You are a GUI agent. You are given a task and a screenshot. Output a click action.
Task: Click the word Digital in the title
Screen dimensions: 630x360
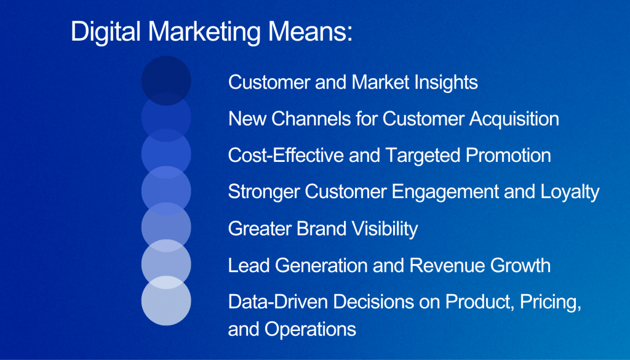[x=106, y=32]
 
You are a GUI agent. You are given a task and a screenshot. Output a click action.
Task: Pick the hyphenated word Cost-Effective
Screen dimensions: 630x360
[x=286, y=156]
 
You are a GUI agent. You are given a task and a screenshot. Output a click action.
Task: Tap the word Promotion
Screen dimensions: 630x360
[x=508, y=156]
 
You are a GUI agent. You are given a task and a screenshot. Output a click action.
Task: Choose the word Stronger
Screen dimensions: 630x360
[x=264, y=192]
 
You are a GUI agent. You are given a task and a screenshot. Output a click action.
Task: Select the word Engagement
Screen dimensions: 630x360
[x=445, y=192]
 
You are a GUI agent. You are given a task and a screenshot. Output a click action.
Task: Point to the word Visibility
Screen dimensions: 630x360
[x=385, y=229]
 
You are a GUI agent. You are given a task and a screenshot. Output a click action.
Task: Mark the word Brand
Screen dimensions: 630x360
[x=321, y=229]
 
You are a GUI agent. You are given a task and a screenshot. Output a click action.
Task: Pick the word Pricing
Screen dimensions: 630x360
[x=551, y=302]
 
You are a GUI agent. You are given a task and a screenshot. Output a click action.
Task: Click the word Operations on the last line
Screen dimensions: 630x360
[x=310, y=329]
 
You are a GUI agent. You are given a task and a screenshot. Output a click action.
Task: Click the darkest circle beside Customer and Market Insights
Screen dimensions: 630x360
[x=166, y=81]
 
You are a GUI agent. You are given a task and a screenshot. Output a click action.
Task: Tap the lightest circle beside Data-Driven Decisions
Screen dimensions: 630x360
[x=166, y=300]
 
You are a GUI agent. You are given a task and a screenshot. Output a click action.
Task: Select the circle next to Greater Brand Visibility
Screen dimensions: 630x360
[x=166, y=228]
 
